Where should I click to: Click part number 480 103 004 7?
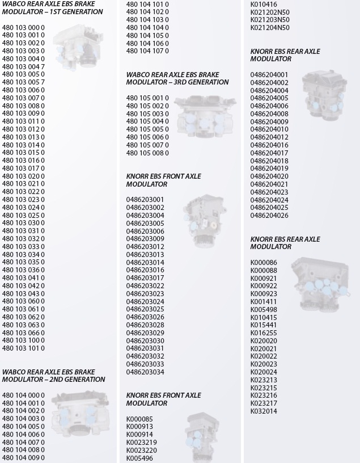click(23, 67)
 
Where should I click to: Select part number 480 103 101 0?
click(23, 348)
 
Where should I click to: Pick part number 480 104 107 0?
click(147, 51)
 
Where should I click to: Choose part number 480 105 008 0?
click(147, 153)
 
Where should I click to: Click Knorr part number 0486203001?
click(145, 200)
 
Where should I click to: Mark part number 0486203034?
click(145, 372)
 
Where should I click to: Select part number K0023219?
click(142, 443)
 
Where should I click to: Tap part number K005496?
click(139, 458)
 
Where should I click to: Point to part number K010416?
click(264, 4)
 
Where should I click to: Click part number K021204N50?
click(270, 27)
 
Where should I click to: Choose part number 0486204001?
click(269, 75)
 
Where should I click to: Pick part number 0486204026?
click(269, 216)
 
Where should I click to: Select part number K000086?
click(264, 263)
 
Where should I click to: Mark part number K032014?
click(264, 411)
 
